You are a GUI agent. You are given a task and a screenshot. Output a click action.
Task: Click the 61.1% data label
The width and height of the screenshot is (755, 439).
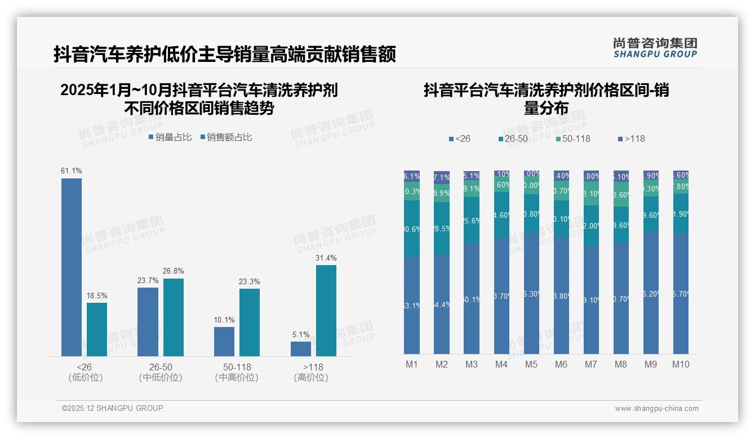coord(72,171)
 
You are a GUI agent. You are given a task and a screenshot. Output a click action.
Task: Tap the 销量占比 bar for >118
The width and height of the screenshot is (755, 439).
coord(301,349)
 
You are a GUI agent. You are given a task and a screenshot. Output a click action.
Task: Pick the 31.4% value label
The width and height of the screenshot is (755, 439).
coord(326,258)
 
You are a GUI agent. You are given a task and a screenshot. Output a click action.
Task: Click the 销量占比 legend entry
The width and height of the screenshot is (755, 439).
coord(170,137)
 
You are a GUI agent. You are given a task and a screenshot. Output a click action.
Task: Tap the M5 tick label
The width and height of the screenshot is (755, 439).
coord(531,364)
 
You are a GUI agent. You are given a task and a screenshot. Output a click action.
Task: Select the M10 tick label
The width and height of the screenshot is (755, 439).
coord(681,364)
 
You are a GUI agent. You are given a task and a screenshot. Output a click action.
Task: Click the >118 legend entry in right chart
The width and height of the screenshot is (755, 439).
coord(632,138)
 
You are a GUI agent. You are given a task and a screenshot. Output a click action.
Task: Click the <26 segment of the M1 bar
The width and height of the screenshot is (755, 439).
coord(412,305)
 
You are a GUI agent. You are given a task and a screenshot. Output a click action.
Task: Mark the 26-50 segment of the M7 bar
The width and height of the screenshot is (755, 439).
coord(591,225)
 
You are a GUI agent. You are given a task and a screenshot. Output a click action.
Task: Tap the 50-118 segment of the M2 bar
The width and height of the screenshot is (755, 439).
coord(442,193)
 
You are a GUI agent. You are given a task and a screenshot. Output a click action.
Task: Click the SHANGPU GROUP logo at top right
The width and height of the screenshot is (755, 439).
coord(655,48)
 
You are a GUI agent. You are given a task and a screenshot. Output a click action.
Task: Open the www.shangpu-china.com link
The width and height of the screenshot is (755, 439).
coord(656,409)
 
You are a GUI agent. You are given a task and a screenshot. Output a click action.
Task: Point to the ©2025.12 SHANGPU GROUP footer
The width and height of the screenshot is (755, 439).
coord(113,408)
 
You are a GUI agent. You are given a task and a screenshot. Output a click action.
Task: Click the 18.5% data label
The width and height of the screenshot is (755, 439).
coord(97,295)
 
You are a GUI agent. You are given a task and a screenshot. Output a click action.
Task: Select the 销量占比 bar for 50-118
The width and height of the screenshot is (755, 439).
coord(224,342)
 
